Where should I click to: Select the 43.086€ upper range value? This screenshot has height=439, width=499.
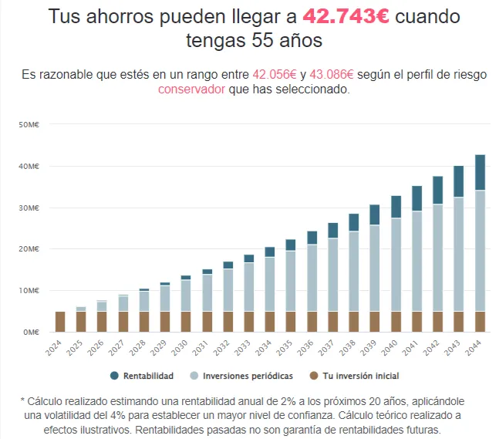[x=332, y=74]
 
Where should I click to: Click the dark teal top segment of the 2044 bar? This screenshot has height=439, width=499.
[x=480, y=172]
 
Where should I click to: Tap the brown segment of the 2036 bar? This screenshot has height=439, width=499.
[x=312, y=322]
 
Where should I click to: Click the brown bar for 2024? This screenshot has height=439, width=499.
[x=60, y=322]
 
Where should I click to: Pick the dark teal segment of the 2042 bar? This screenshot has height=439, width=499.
[x=438, y=191]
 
